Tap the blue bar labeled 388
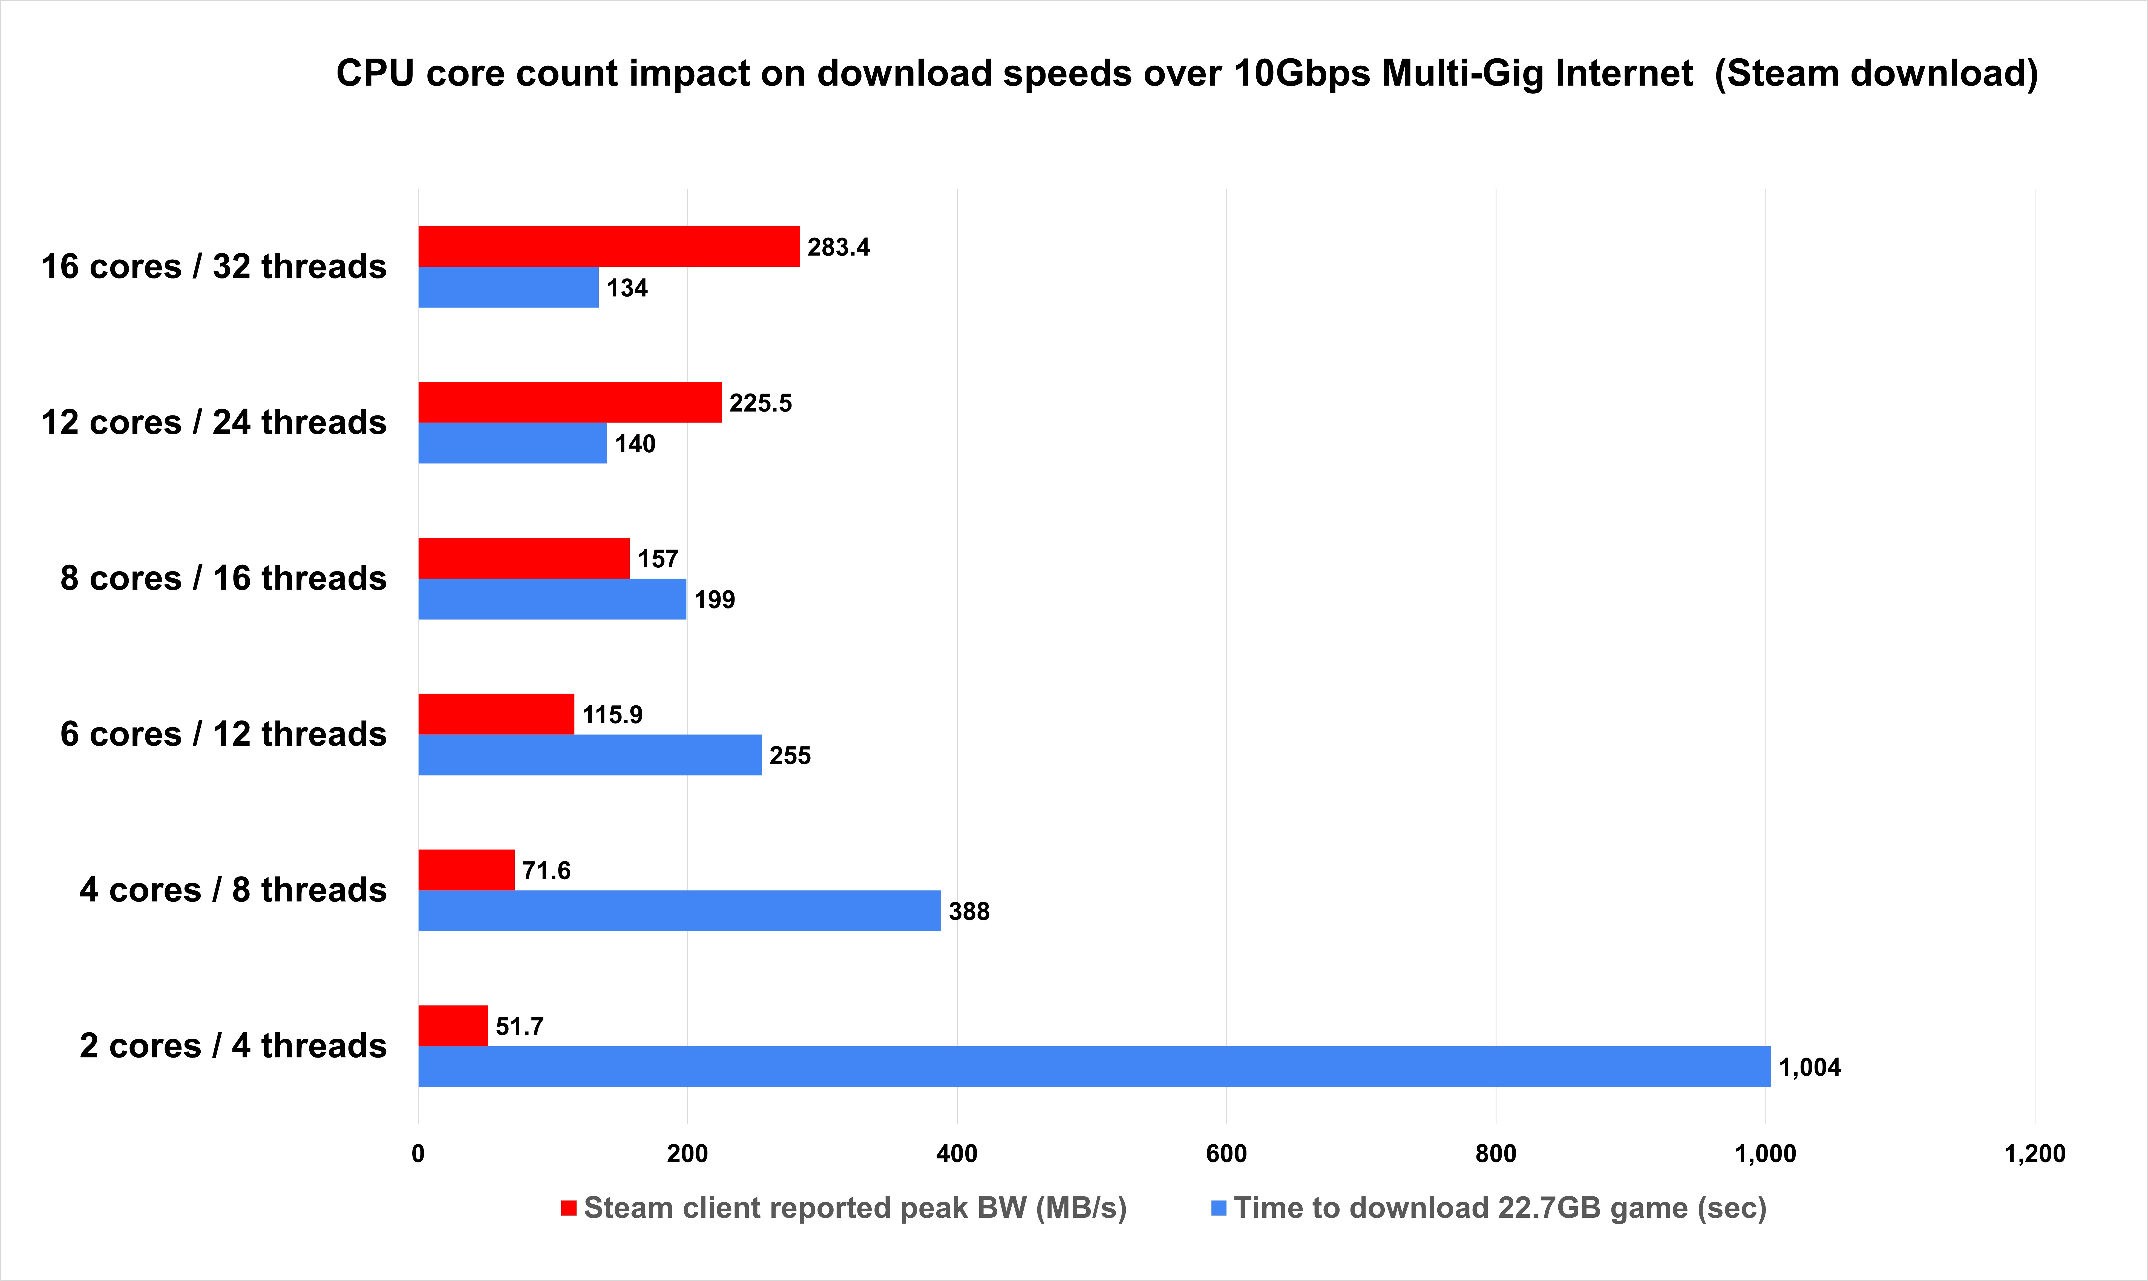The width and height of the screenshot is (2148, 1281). tap(679, 911)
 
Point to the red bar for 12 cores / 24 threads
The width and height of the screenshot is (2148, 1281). tap(569, 402)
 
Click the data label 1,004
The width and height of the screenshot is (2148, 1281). tap(1810, 1068)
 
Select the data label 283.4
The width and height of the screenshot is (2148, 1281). tap(838, 248)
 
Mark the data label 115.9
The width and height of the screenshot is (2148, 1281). tap(612, 715)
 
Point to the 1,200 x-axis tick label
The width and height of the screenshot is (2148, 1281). tap(2034, 1154)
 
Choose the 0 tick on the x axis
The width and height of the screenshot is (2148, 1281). tap(419, 1154)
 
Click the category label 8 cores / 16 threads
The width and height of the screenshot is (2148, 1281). tap(223, 578)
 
